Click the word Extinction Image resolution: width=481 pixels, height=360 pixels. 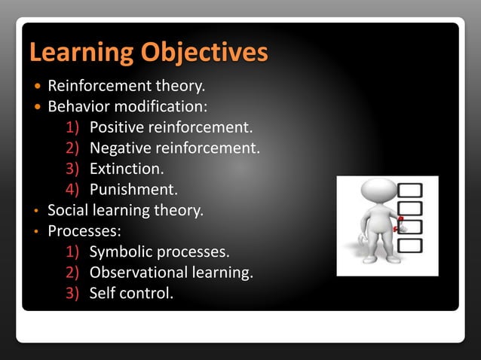click(126, 169)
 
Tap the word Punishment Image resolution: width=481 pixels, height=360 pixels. click(133, 189)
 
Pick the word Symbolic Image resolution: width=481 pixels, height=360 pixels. click(121, 251)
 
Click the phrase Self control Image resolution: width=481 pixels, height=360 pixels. click(131, 292)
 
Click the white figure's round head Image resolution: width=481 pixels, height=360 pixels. click(375, 191)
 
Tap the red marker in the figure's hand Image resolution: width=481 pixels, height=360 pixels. click(400, 221)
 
